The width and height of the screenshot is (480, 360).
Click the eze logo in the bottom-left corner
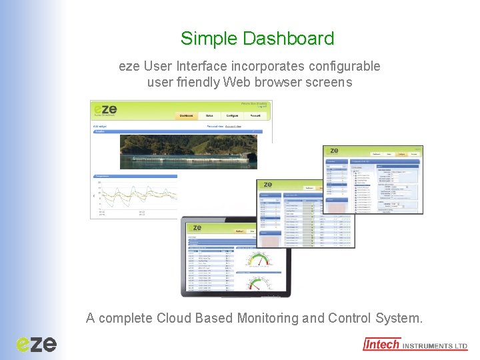pos(37,343)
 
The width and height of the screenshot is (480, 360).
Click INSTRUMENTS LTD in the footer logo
pos(435,346)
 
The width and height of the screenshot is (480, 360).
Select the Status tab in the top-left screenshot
pos(209,115)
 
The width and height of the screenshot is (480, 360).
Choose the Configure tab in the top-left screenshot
pos(232,115)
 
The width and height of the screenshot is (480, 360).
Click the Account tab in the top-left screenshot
pos(255,115)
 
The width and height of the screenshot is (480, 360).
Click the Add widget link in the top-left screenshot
pos(99,125)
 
